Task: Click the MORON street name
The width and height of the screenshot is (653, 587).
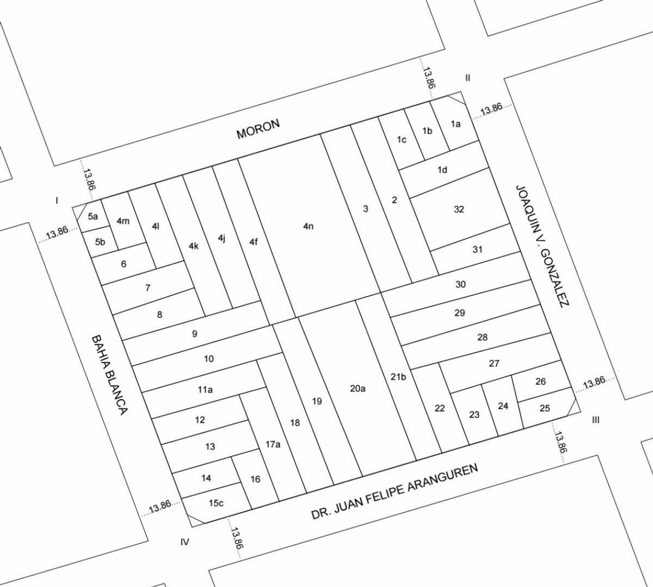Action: coord(258,129)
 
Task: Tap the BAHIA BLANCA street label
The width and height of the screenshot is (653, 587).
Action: coord(109,374)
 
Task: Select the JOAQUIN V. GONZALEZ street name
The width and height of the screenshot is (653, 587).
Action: coord(542,246)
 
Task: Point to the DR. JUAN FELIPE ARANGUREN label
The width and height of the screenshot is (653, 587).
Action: coord(395,491)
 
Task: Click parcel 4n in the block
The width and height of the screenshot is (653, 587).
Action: coord(309,226)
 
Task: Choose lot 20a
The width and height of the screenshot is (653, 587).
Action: coord(358,388)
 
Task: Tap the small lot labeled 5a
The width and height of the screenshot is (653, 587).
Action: coord(93,216)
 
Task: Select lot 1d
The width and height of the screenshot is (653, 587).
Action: coord(442,170)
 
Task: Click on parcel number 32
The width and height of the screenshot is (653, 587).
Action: coord(459,209)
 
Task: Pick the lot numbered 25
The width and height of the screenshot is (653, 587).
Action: coord(545,408)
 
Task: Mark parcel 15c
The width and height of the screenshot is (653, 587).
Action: coord(216,503)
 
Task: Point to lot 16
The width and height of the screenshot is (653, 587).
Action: coord(255,479)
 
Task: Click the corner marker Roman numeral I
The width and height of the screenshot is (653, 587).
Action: coord(57,201)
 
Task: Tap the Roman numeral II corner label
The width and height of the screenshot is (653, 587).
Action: coord(467,78)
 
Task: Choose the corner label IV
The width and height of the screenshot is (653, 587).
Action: coord(185,541)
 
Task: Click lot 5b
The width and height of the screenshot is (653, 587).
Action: coord(100,242)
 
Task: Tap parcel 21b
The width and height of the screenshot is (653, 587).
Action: coord(398,377)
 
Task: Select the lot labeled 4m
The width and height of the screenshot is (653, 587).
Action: coord(123,221)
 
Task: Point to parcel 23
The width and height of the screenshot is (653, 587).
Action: coord(474,415)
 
